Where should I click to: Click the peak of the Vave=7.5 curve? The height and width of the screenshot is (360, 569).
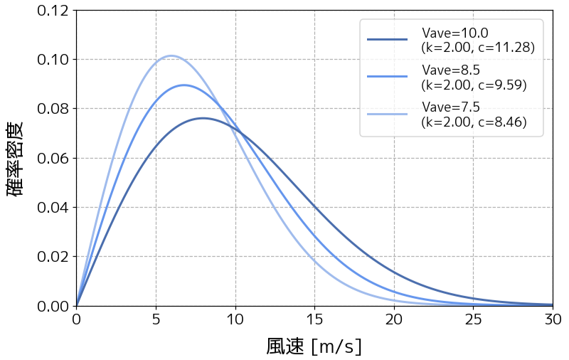(171, 55)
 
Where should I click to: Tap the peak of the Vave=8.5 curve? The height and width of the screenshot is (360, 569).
(184, 85)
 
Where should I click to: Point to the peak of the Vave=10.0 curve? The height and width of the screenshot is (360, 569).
(203, 118)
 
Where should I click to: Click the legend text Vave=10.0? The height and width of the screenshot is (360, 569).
(454, 33)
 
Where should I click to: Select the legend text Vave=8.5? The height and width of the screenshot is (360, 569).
(450, 70)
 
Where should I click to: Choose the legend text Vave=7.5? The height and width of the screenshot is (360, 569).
(450, 107)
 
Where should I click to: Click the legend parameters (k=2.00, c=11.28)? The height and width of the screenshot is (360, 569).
(477, 48)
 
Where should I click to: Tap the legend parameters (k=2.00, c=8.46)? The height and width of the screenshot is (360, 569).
(474, 122)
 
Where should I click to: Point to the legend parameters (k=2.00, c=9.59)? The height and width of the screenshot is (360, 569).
(474, 85)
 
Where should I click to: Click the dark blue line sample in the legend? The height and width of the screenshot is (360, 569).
(387, 40)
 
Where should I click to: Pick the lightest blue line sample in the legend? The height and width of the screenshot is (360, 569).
(387, 114)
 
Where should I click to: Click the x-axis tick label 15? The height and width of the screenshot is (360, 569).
(314, 319)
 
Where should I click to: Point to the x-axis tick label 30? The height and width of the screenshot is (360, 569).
(553, 319)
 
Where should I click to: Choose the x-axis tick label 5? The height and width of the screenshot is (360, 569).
(156, 319)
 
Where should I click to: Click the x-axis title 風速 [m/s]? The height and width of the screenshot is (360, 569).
(314, 346)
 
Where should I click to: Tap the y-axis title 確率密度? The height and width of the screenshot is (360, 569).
(16, 158)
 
